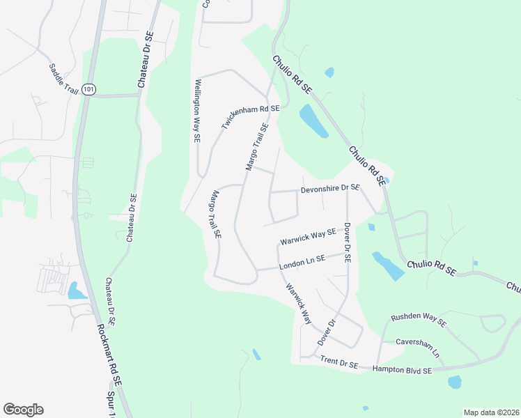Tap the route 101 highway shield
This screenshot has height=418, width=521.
point(88,89)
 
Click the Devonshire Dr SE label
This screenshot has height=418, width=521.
point(330,188)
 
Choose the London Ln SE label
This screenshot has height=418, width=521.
point(302,263)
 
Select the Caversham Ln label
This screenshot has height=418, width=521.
point(419,346)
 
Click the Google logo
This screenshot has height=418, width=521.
point(23,409)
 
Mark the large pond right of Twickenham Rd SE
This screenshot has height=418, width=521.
point(313,121)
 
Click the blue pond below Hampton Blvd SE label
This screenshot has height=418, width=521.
point(454,382)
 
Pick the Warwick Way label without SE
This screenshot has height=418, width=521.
point(297,303)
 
